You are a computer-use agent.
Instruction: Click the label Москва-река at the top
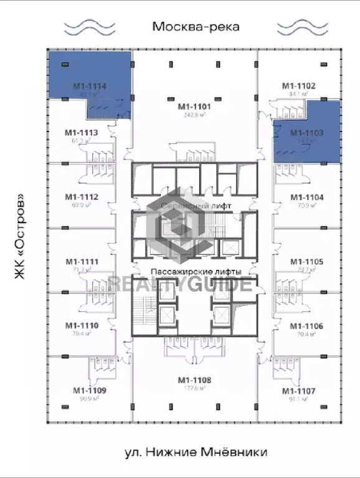pyautogui.click(x=196, y=26)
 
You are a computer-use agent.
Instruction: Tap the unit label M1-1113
pyautogui.click(x=82, y=132)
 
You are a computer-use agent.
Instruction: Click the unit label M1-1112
pyautogui.click(x=82, y=197)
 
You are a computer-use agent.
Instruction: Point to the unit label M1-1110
pyautogui.click(x=82, y=325)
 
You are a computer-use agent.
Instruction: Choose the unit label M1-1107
pyautogui.click(x=298, y=391)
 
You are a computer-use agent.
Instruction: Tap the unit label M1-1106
pyautogui.click(x=306, y=326)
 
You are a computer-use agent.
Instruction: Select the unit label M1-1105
pyautogui.click(x=306, y=262)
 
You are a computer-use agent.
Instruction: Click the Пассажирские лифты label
pyautogui.click(x=196, y=272)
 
